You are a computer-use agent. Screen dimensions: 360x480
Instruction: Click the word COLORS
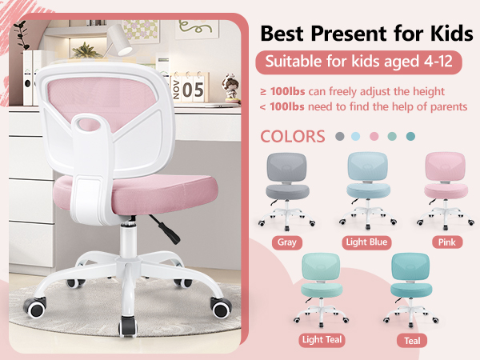click(293, 136)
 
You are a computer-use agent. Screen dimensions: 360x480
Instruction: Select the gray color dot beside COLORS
click(339, 137)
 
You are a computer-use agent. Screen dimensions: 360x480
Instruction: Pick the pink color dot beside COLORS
click(374, 137)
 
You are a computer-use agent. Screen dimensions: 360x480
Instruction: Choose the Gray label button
click(286, 242)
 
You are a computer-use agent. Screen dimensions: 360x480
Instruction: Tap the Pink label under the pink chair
click(446, 242)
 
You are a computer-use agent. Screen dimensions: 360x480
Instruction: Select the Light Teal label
click(322, 339)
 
